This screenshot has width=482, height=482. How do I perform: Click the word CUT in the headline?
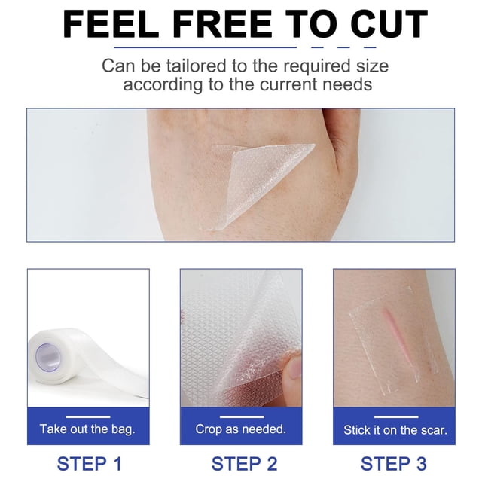click(x=389, y=23)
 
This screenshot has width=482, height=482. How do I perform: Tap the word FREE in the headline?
click(x=222, y=23)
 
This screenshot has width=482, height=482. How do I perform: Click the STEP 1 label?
click(x=90, y=464)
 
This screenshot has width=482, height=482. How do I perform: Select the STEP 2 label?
click(x=244, y=464)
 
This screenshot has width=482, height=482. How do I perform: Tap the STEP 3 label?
click(x=393, y=464)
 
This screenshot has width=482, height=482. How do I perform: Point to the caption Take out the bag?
click(x=87, y=429)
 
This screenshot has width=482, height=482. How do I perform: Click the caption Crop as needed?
click(x=241, y=429)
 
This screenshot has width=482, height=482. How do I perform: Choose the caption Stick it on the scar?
click(x=395, y=430)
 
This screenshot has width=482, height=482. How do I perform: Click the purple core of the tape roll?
click(x=48, y=356)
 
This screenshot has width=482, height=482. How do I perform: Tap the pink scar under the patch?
click(x=396, y=338)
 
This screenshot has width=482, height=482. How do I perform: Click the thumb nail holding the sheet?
click(x=294, y=368)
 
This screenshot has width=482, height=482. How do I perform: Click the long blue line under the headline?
click(x=206, y=47)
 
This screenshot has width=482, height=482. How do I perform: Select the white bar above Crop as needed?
click(x=242, y=416)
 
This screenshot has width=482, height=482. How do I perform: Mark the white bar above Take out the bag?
click(x=88, y=416)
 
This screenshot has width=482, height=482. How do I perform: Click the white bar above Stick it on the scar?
click(x=396, y=416)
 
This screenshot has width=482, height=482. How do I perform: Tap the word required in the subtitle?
click(x=316, y=66)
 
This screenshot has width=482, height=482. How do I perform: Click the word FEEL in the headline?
click(x=111, y=23)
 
